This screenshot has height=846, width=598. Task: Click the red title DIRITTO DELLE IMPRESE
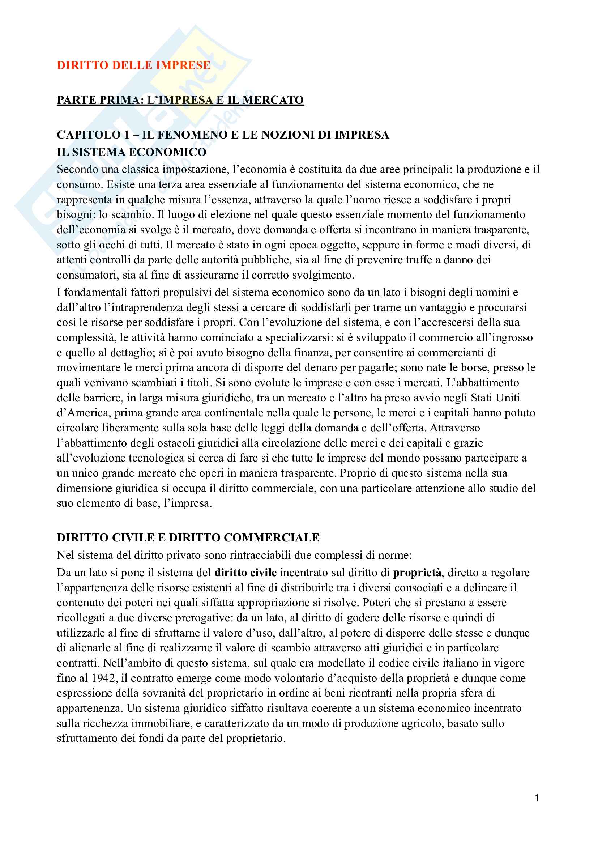(x=133, y=65)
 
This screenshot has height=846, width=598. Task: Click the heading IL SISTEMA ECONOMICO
(x=132, y=152)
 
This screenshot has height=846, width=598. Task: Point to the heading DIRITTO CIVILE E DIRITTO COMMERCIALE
(x=188, y=537)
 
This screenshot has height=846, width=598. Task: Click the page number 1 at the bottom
(x=537, y=798)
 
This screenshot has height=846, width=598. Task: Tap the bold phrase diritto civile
(x=245, y=572)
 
